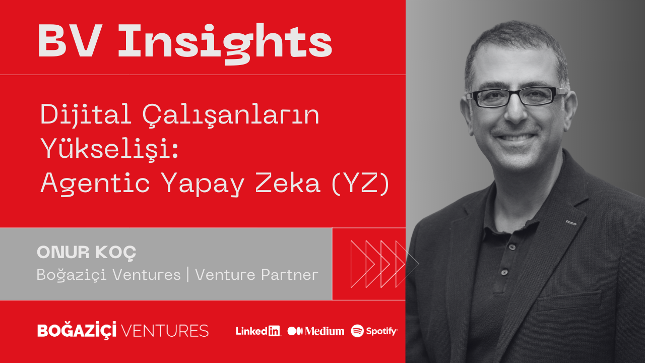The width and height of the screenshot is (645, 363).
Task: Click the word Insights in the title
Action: tap(225, 41)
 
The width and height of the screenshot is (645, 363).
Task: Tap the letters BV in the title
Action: tap(71, 41)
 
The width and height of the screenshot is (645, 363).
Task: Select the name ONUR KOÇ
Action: tap(87, 253)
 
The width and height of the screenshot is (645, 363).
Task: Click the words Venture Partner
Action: tap(256, 275)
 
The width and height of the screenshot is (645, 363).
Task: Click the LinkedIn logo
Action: tap(258, 331)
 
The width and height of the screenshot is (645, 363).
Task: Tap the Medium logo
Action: tap(316, 331)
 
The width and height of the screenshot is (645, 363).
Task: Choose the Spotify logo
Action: tap(374, 331)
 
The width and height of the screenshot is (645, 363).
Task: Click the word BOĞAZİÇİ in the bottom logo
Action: tap(77, 331)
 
